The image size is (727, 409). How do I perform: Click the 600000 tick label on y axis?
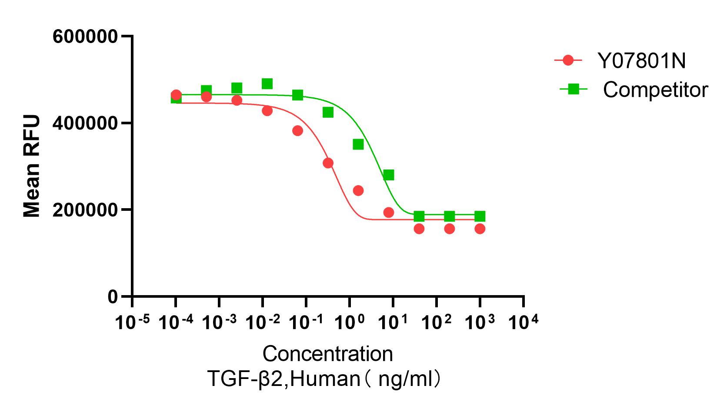click(x=85, y=37)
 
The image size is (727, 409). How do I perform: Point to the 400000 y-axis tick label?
click(x=85, y=123)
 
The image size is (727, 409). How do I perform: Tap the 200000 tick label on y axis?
click(x=85, y=210)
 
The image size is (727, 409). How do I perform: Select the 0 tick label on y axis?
click(x=113, y=297)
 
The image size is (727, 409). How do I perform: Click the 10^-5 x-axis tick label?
click(x=132, y=322)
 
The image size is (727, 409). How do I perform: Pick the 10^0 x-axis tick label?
click(x=350, y=322)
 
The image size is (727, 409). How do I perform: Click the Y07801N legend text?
click(x=641, y=61)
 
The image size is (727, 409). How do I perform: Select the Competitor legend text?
click(x=655, y=90)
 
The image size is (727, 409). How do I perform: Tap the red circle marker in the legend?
click(x=568, y=60)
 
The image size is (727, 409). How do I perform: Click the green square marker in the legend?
click(x=573, y=89)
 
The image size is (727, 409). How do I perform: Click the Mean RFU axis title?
click(x=32, y=166)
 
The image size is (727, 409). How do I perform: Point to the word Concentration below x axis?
click(x=327, y=354)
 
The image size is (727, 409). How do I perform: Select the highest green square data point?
click(x=267, y=83)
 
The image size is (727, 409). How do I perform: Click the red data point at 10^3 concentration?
click(x=480, y=229)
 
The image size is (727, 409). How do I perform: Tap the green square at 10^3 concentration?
click(x=480, y=216)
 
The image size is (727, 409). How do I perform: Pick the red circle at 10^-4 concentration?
click(x=176, y=95)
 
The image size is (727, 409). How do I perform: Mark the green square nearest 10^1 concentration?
click(x=388, y=175)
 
